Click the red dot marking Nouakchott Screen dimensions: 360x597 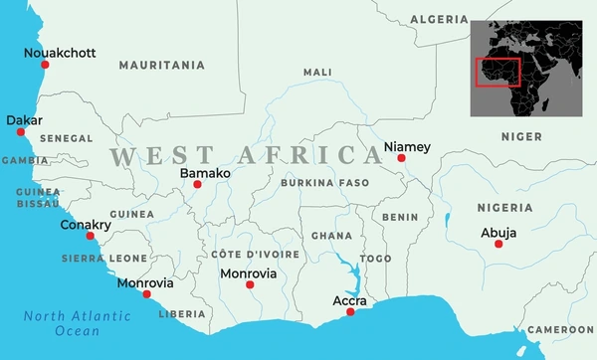44,64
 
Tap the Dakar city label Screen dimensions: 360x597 24,120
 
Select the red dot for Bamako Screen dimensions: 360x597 197,185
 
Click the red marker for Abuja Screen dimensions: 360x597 498,244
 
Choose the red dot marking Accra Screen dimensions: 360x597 349,312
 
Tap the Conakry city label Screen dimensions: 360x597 86,225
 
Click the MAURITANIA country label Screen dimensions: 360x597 161,66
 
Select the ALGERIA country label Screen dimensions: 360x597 439,20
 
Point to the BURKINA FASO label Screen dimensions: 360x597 325,183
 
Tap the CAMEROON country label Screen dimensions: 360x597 560,329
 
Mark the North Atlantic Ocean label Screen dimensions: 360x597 78,323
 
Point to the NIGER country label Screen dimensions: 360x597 520,136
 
